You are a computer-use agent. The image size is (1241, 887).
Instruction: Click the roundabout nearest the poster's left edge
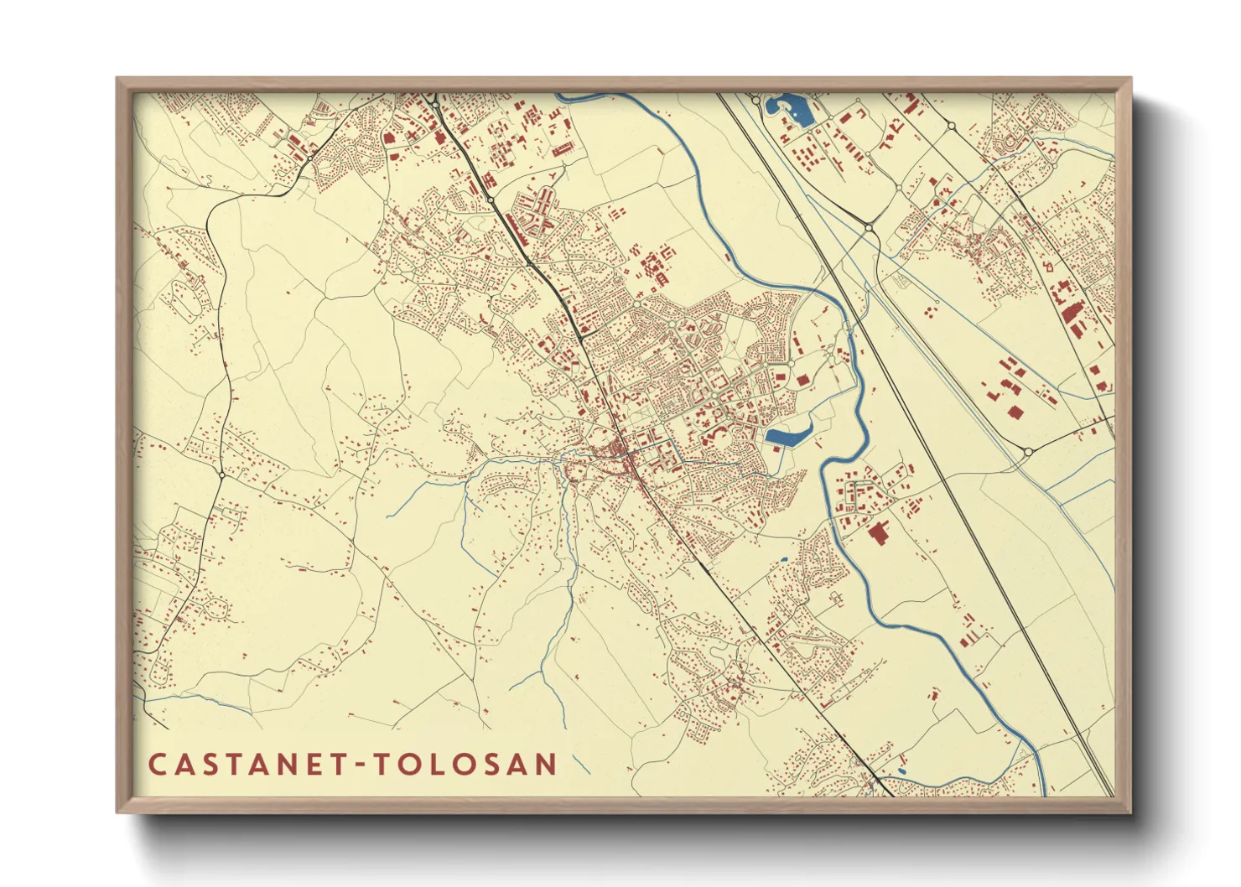[221, 475]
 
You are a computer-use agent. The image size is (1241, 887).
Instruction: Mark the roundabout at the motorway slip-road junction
[870, 227]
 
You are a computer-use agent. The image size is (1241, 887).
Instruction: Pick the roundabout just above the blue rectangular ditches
[1028, 452]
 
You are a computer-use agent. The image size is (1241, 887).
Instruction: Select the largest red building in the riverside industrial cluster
[879, 534]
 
